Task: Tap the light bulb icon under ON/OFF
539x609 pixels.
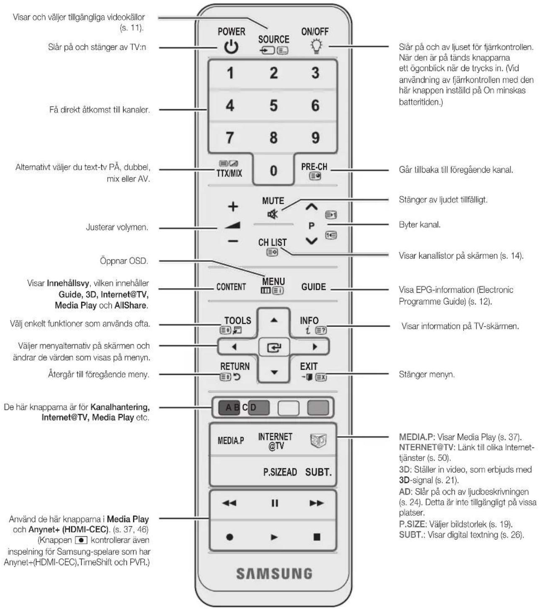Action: (x=316, y=46)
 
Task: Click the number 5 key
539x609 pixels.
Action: (x=273, y=105)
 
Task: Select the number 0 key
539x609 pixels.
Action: (x=273, y=171)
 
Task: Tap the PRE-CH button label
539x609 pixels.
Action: (x=314, y=167)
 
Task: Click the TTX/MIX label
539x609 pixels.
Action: (x=230, y=174)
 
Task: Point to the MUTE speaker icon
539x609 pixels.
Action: (x=273, y=214)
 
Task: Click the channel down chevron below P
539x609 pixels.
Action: (x=312, y=241)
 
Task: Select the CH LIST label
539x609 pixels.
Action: (x=272, y=242)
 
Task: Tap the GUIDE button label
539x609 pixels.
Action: (x=314, y=287)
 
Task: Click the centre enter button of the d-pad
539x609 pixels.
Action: (x=273, y=347)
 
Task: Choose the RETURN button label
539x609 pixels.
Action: (x=235, y=366)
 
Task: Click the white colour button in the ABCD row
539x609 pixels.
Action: (x=288, y=407)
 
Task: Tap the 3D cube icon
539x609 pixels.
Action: (x=318, y=441)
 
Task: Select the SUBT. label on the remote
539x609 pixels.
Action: (x=318, y=472)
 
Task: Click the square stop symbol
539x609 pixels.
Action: (x=317, y=537)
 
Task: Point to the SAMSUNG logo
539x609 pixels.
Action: (x=274, y=574)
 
